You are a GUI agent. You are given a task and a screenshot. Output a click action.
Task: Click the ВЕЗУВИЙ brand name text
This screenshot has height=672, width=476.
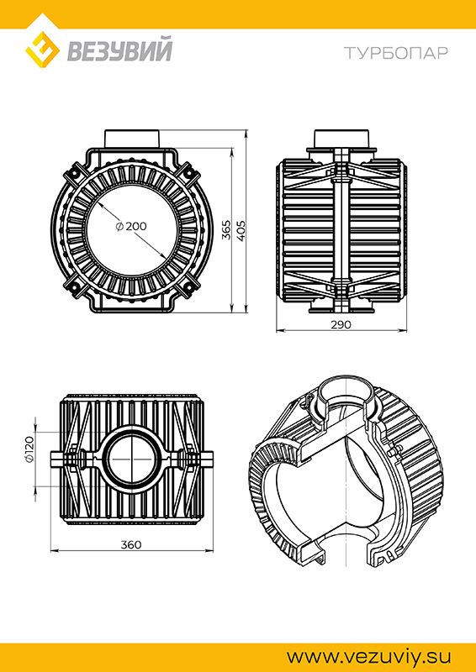pyautogui.click(x=119, y=50)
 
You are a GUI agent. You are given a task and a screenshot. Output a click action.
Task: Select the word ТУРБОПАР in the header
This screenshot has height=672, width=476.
pyautogui.click(x=396, y=53)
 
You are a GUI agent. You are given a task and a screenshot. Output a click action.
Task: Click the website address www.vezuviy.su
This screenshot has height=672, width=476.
pyautogui.click(x=369, y=657)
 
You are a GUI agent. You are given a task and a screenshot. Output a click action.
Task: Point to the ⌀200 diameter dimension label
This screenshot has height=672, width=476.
pyautogui.click(x=131, y=226)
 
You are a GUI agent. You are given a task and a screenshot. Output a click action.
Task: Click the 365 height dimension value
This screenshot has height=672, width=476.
pyautogui.click(x=226, y=230)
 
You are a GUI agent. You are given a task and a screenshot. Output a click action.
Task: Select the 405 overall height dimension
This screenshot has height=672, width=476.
pyautogui.click(x=241, y=230)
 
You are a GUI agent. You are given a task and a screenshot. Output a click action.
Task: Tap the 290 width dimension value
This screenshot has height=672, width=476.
pyautogui.click(x=341, y=324)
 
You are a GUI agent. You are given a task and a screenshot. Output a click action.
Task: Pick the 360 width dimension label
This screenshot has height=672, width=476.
pyautogui.click(x=131, y=544)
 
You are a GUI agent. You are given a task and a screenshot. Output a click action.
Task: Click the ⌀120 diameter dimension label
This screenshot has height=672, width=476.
pyautogui.click(x=29, y=449)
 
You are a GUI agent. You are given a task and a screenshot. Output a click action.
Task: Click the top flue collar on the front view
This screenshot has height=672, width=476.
pyautogui.click(x=133, y=139)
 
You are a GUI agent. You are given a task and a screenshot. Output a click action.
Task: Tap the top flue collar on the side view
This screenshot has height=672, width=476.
pyautogui.click(x=341, y=139)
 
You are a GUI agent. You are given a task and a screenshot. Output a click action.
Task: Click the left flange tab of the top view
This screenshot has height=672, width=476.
pyautogui.click(x=57, y=459)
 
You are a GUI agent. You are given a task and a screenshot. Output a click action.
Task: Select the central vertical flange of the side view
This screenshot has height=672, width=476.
pyautogui.click(x=341, y=230)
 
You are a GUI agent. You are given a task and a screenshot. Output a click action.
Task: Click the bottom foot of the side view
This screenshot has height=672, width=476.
pyautogui.click(x=341, y=307)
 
